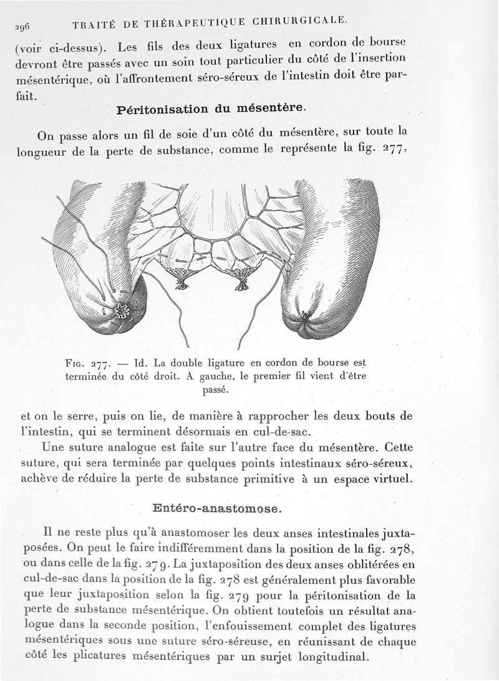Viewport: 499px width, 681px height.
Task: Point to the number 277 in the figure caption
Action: coord(99,365)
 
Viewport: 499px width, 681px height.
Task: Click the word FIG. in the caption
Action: coord(74,365)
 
